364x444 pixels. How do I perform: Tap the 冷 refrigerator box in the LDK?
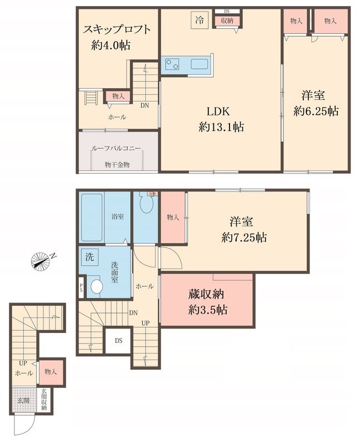[x=199, y=20]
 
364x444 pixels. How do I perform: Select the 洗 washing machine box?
[x=89, y=257]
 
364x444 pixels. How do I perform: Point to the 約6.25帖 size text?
[x=316, y=111]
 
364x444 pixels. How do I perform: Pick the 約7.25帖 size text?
[x=243, y=238]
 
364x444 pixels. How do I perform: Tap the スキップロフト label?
[x=117, y=29]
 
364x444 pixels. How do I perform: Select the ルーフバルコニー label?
[x=116, y=149]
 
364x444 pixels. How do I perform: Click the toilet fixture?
[x=146, y=204]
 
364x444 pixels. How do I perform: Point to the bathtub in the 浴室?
[x=91, y=218]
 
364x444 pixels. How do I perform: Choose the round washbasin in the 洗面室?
[x=96, y=287]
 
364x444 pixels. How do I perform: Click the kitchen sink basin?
[x=200, y=64]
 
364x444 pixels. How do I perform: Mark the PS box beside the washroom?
[x=82, y=287]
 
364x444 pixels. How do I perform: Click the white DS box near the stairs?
[x=119, y=340]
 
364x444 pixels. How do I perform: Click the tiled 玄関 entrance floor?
[x=24, y=400]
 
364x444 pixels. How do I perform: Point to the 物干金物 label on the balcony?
[x=117, y=165]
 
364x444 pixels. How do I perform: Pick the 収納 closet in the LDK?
[x=226, y=21]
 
